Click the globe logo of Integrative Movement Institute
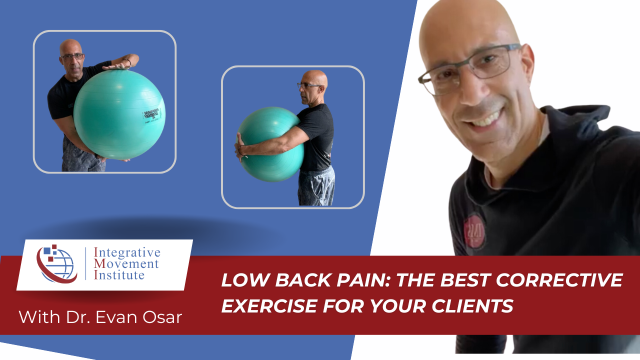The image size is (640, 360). pyautogui.click(x=56, y=263)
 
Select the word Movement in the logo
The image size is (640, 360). pyautogui.click(x=129, y=263)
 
